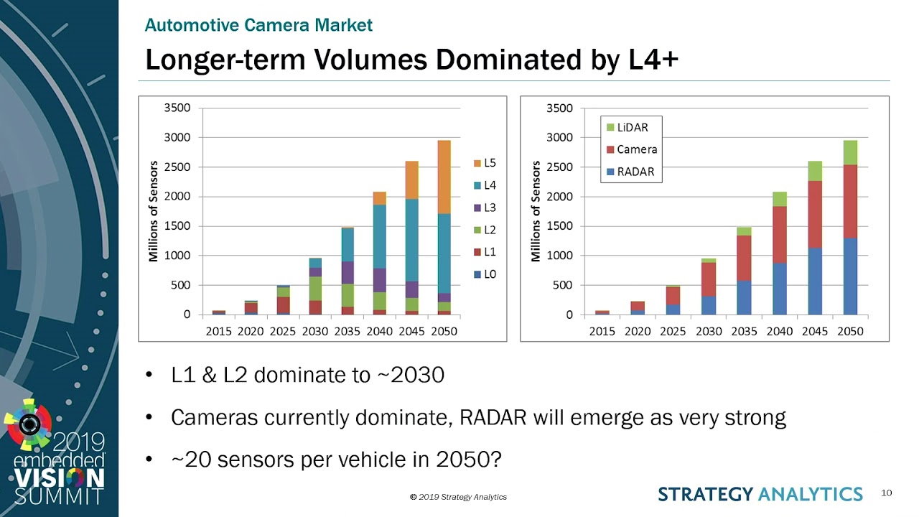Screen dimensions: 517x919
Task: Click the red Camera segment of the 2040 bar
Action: click(x=779, y=234)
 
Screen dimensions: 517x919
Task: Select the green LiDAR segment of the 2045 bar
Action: click(x=815, y=171)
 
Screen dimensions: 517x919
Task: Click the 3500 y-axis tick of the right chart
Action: click(x=560, y=108)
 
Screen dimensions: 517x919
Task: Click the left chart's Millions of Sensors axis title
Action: click(x=153, y=212)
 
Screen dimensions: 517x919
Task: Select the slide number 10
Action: click(x=886, y=493)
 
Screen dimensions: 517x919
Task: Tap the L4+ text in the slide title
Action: click(x=648, y=60)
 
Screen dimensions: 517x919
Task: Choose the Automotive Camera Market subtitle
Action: click(x=258, y=25)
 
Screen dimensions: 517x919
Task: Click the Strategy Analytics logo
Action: click(x=760, y=494)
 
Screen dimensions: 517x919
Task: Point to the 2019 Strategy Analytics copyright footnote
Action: click(x=458, y=497)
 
